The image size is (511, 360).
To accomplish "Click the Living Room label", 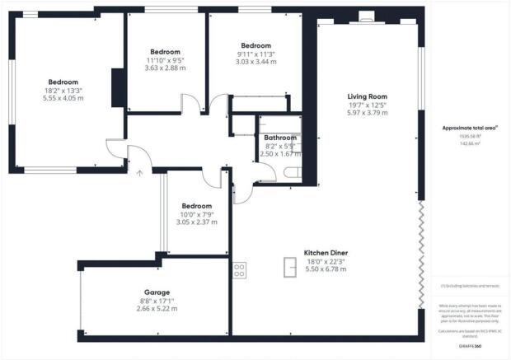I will coord(366,97).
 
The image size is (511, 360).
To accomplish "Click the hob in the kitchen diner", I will coord(240,268).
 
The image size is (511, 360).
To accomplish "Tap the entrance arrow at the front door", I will coord(138,172).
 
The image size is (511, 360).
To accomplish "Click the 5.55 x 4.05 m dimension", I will coord(63,98).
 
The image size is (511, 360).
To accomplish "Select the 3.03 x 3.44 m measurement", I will coord(255,61).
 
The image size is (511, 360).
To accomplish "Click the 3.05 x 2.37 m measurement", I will coord(196,222).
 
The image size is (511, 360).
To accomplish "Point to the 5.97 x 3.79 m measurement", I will coord(366,113).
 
